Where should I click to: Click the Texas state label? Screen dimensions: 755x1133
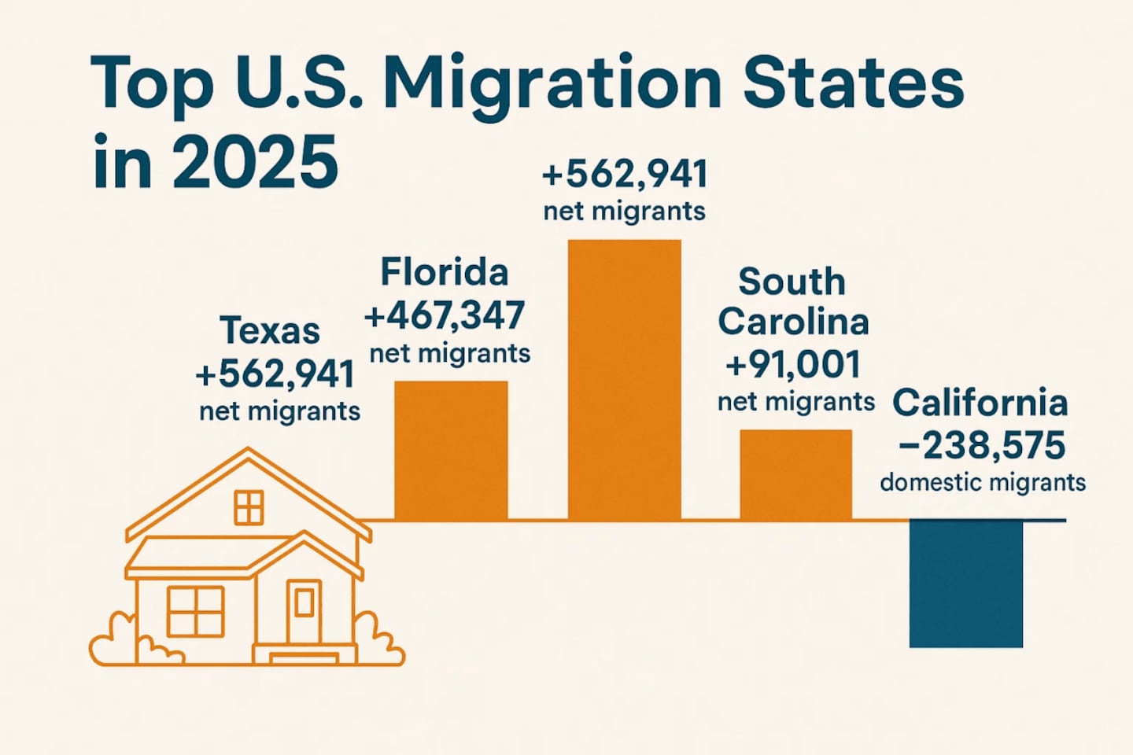(270, 330)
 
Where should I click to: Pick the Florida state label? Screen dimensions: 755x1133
(445, 273)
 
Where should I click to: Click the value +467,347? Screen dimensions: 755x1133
(445, 315)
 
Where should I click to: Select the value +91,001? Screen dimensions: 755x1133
(793, 364)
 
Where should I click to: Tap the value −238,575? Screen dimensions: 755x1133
(982, 445)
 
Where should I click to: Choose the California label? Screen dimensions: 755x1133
(980, 403)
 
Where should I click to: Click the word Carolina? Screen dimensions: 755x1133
(793, 322)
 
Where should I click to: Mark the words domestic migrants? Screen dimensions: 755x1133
(983, 481)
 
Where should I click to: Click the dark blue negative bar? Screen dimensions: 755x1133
(966, 584)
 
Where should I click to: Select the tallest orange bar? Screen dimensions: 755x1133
(624, 380)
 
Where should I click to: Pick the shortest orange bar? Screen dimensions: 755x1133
(795, 474)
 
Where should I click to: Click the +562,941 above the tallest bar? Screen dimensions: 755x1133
(625, 174)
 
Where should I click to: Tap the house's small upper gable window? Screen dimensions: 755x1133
(249, 507)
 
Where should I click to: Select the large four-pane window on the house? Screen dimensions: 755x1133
(195, 611)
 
